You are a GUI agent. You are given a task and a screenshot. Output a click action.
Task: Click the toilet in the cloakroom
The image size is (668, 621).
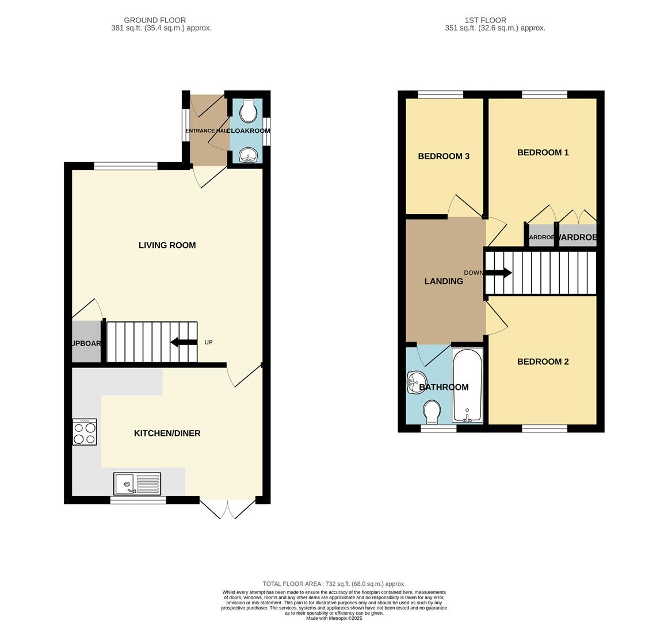click(249, 112)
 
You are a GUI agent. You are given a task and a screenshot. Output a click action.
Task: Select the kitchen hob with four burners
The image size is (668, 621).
click(85, 432)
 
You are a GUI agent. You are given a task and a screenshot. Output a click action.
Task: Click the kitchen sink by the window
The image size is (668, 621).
click(138, 484)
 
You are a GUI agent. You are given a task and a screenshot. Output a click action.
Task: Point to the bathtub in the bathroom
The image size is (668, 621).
click(467, 385)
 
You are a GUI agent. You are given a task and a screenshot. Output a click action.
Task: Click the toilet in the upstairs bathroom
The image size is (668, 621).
click(432, 412)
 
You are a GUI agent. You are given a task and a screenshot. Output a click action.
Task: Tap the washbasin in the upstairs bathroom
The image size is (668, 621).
click(414, 382)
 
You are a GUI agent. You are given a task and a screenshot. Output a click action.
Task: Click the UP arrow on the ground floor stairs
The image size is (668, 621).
click(184, 343)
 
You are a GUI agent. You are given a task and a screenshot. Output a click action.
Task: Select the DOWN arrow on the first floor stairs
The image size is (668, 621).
click(498, 273)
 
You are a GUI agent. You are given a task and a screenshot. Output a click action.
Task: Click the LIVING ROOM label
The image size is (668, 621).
click(167, 245)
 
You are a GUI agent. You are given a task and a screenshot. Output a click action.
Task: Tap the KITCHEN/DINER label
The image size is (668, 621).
click(167, 433)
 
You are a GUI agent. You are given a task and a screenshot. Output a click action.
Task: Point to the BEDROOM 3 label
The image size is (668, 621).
click(444, 156)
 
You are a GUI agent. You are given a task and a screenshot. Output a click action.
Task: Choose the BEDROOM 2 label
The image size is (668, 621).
click(543, 362)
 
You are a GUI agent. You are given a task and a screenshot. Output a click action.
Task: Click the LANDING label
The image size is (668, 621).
click(444, 281)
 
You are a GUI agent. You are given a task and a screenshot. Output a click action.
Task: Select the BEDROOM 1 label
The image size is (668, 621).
click(543, 152)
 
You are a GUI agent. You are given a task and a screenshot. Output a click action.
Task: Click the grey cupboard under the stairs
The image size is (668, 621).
click(86, 342)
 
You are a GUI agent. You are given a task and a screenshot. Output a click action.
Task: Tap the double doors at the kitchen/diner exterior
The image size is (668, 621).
click(228, 509)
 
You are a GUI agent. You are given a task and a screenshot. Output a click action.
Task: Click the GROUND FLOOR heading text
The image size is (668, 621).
click(155, 20)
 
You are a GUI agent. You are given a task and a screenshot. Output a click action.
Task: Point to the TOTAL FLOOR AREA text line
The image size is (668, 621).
click(334, 584)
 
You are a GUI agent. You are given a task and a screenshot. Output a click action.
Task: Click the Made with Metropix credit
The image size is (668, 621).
click(334, 618)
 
